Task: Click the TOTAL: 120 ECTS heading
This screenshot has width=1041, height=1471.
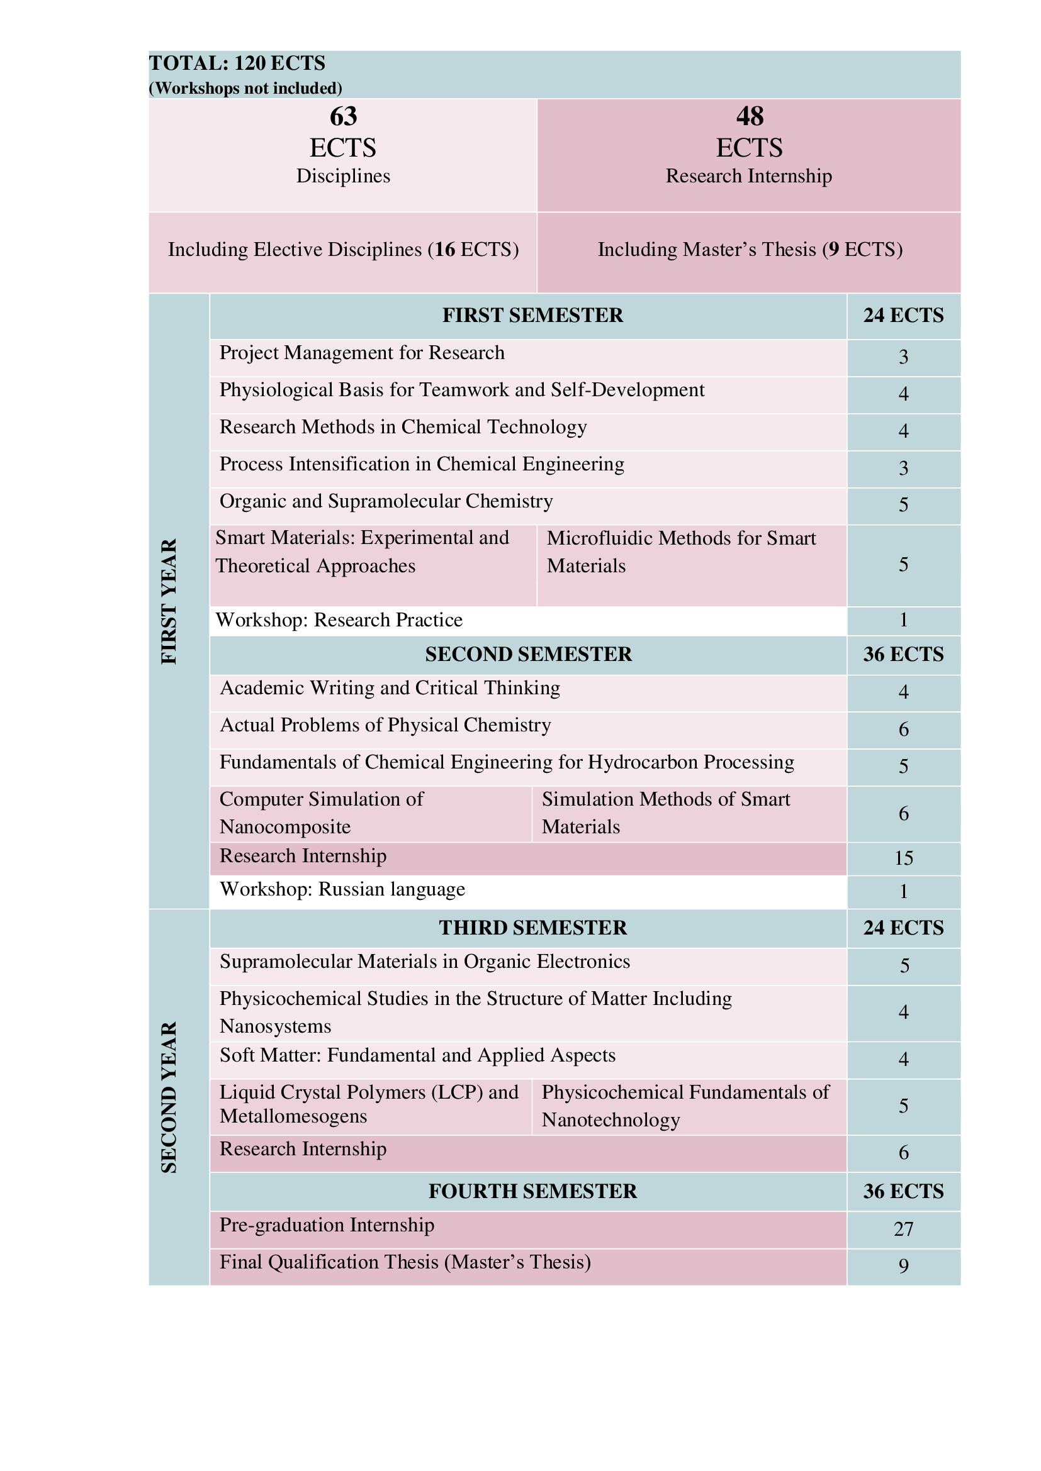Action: coord(237,64)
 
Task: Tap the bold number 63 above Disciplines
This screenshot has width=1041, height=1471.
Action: coord(343,116)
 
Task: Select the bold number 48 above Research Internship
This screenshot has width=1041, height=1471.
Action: coord(750,116)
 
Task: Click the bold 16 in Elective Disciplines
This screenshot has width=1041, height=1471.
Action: coord(445,249)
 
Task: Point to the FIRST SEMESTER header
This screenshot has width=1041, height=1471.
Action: coord(532,315)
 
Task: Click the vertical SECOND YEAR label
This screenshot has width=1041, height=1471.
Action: coord(169,1097)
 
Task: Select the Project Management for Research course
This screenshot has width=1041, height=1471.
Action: coord(362,353)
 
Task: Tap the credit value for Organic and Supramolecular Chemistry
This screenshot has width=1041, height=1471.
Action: coord(903,505)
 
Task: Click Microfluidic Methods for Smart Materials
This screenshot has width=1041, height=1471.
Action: coord(681,552)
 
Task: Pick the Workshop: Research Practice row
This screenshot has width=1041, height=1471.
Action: coord(339,620)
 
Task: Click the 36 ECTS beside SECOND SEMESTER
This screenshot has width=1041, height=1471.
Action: coord(903,654)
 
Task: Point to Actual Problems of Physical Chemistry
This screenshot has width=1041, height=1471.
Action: coord(385,725)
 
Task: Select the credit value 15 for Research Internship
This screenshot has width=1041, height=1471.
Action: coord(903,858)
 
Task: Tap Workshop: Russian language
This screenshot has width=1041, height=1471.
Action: coord(342,889)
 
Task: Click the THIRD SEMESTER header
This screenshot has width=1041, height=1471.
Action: coord(532,928)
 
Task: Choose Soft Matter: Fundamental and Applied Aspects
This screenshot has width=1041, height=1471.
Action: coord(417,1055)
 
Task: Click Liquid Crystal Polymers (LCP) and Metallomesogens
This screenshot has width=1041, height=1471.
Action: coord(369,1104)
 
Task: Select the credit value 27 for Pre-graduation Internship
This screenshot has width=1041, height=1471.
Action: coord(903,1229)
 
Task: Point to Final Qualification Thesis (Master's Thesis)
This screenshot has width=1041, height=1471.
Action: coord(405,1262)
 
